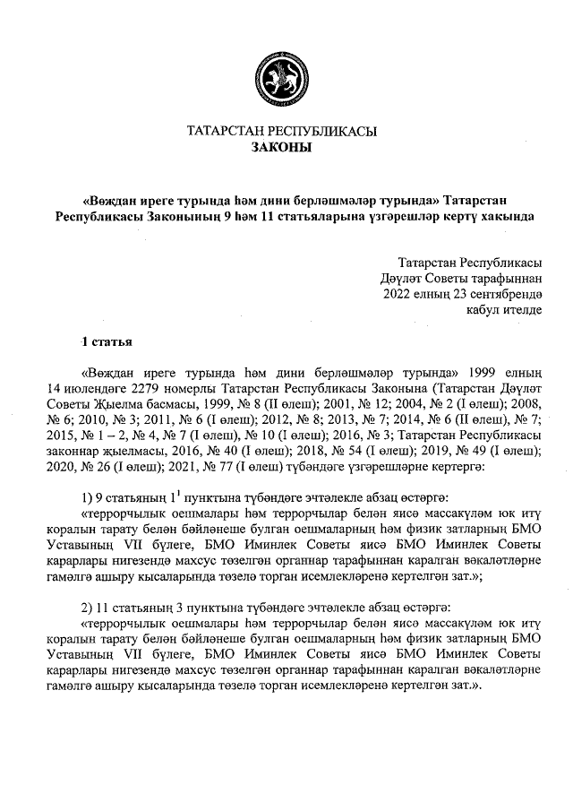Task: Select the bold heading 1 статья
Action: click(x=107, y=341)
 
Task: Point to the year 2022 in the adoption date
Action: click(x=397, y=293)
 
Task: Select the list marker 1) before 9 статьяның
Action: click(x=88, y=497)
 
